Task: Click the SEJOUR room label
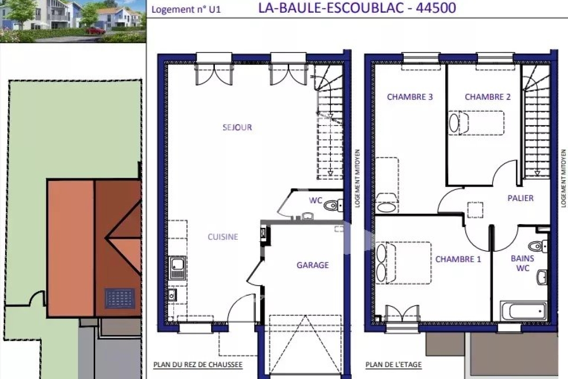237,127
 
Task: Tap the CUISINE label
223,237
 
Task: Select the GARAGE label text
313,265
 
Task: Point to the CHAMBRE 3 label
410,97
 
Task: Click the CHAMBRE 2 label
488,97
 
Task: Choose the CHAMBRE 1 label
458,259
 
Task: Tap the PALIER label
521,198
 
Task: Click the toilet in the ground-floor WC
333,205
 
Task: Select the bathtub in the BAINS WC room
524,311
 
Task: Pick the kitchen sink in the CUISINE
177,268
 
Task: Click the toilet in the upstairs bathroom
538,246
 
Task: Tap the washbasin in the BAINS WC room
542,277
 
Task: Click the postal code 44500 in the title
436,8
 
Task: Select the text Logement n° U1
186,9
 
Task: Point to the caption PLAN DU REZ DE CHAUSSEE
198,365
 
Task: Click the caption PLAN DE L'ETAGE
393,364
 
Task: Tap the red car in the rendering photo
96,30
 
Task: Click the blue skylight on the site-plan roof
120,298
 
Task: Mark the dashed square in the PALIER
475,210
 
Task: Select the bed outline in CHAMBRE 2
476,123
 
